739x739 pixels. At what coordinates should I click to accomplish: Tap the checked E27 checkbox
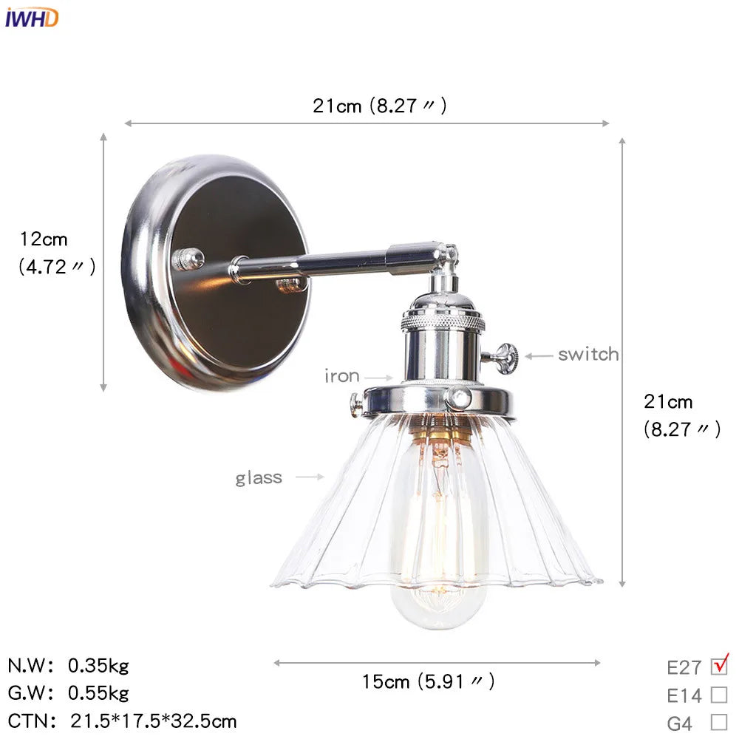719,666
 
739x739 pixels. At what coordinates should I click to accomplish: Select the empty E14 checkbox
718,695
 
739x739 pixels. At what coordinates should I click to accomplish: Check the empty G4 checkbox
718,722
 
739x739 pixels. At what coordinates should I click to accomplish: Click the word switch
588,355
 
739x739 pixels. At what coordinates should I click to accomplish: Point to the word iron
342,376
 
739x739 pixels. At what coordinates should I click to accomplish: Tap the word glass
259,477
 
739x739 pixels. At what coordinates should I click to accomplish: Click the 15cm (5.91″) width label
428,681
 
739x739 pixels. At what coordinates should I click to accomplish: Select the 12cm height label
44,239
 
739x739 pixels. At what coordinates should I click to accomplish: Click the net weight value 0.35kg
98,666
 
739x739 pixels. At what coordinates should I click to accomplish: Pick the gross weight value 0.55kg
98,693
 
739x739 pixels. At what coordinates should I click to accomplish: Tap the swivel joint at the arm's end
444,257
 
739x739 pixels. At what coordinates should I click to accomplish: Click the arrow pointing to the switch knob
539,355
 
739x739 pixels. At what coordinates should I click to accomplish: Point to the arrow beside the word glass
310,477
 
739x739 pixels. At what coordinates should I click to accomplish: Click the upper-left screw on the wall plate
188,258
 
